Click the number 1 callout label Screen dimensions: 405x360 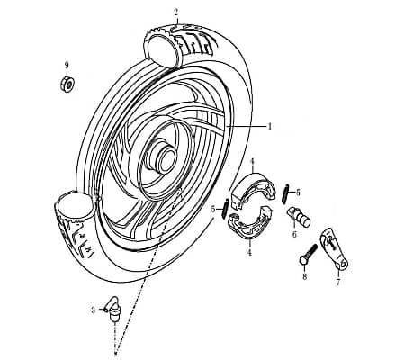tap(270, 126)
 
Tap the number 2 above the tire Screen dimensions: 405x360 tap(176, 13)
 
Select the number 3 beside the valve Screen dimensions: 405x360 tap(94, 310)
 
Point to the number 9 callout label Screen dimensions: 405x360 tap(67, 65)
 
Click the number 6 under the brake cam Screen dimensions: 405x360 tap(294, 234)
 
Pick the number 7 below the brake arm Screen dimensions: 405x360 tap(338, 282)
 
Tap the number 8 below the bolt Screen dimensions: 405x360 tap(305, 276)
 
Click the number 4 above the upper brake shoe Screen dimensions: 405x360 tap(252, 162)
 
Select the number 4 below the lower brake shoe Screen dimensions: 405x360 tap(249, 253)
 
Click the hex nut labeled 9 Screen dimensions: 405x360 tap(67, 84)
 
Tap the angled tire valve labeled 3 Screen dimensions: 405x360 tap(112, 310)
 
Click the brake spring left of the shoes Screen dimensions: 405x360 tap(226, 209)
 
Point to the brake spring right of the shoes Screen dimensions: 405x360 tap(285, 193)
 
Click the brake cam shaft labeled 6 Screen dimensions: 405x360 tap(299, 216)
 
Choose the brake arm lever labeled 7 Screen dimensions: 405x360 tap(334, 248)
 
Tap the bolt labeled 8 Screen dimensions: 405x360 tap(308, 256)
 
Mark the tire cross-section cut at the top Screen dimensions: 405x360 tap(161, 49)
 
